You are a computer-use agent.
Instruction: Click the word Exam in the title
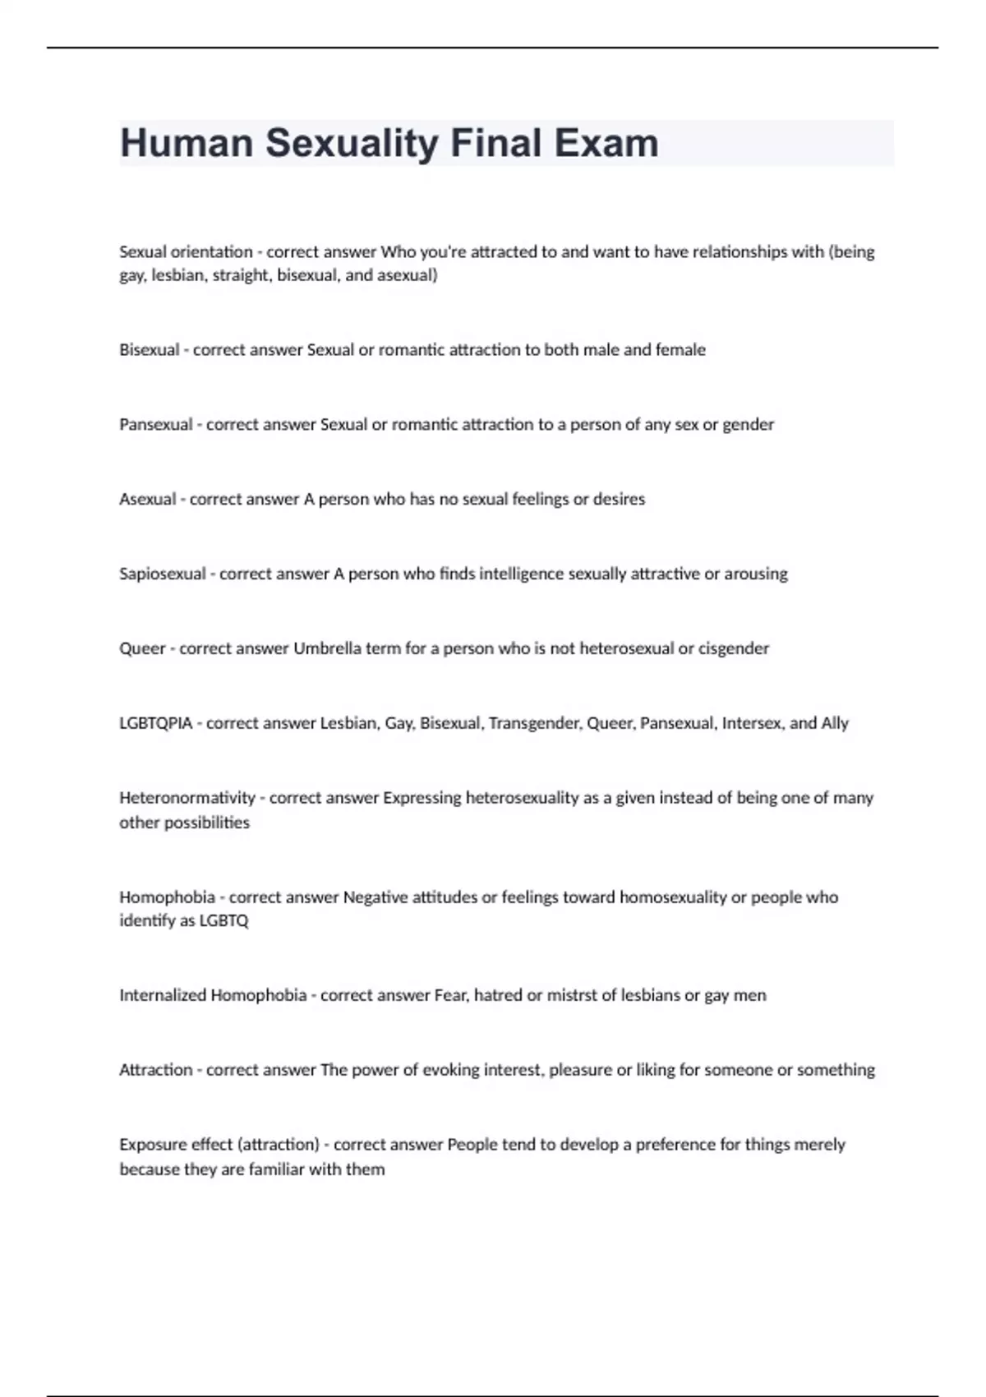coord(606,143)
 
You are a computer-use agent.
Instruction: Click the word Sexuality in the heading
coord(352,143)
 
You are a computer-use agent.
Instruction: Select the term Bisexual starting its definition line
coord(150,350)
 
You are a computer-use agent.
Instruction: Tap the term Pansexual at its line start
coord(156,425)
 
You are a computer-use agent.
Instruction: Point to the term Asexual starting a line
coord(148,500)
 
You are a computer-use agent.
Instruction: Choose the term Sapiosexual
coord(163,574)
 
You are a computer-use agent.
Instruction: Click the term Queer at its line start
coord(142,649)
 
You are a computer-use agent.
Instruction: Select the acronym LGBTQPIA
coord(156,724)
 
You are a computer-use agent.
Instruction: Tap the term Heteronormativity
coord(187,798)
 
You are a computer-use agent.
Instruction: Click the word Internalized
coord(163,995)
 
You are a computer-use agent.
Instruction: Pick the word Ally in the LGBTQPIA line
coord(835,723)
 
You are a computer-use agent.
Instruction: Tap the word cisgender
coord(734,648)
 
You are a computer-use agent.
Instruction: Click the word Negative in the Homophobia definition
coord(375,897)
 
